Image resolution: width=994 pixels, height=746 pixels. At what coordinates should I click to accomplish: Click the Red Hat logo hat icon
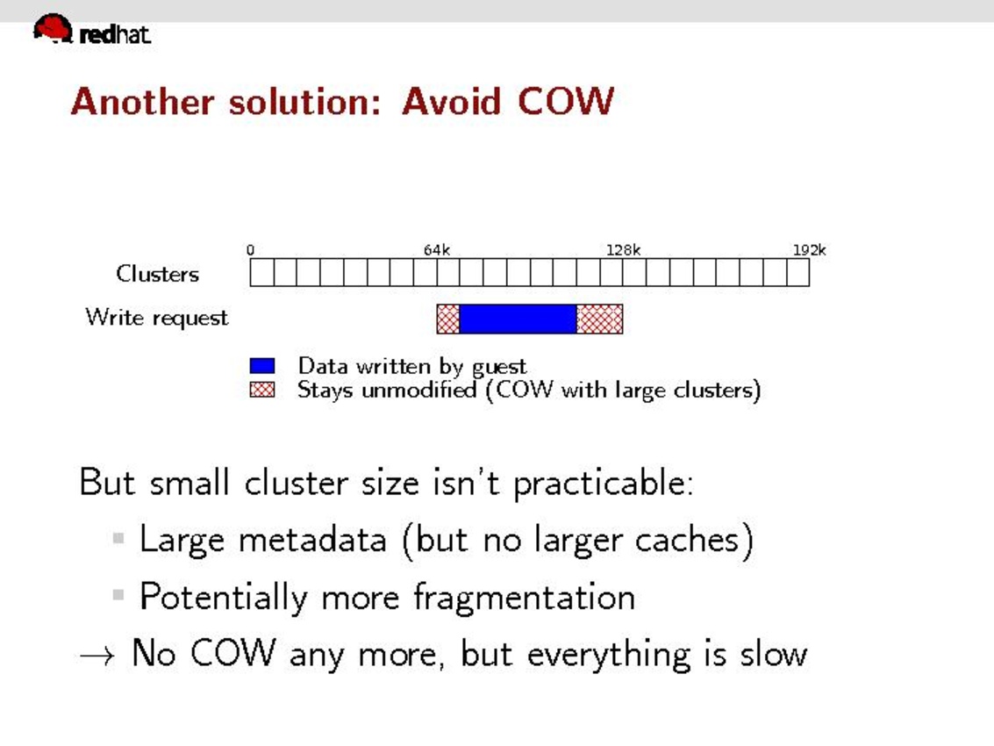point(54,29)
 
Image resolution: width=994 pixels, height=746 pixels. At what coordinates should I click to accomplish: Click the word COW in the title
point(566,101)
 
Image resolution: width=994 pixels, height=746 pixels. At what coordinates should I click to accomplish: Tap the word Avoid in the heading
point(452,101)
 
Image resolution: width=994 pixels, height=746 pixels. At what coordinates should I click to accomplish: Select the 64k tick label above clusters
point(437,250)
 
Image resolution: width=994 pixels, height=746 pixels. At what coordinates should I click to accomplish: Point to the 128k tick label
point(623,250)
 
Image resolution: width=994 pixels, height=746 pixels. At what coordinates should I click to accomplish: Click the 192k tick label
point(810,250)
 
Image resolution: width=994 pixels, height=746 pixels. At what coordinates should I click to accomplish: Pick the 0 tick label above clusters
point(250,250)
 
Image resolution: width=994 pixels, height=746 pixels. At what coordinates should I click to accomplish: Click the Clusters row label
point(157,274)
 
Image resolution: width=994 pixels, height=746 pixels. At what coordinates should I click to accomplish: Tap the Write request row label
point(156,317)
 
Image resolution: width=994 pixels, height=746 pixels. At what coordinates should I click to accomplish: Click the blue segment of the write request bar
point(518,319)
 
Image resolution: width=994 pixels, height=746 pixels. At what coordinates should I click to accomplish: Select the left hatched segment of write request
point(448,319)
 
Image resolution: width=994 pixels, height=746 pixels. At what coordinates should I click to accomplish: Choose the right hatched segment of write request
point(600,319)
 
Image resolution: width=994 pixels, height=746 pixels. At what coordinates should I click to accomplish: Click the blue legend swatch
point(262,366)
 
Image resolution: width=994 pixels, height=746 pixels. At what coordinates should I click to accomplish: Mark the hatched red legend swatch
point(262,390)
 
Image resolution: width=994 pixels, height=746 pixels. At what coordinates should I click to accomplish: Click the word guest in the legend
point(499,367)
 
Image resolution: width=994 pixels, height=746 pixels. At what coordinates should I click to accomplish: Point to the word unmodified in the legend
point(418,390)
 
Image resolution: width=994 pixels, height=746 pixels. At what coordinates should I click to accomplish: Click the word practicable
point(604,483)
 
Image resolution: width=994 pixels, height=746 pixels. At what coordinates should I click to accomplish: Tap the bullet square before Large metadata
point(118,539)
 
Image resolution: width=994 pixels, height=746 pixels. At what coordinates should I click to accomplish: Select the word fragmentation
point(524,598)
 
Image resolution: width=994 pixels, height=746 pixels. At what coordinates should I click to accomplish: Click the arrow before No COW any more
point(97,656)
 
